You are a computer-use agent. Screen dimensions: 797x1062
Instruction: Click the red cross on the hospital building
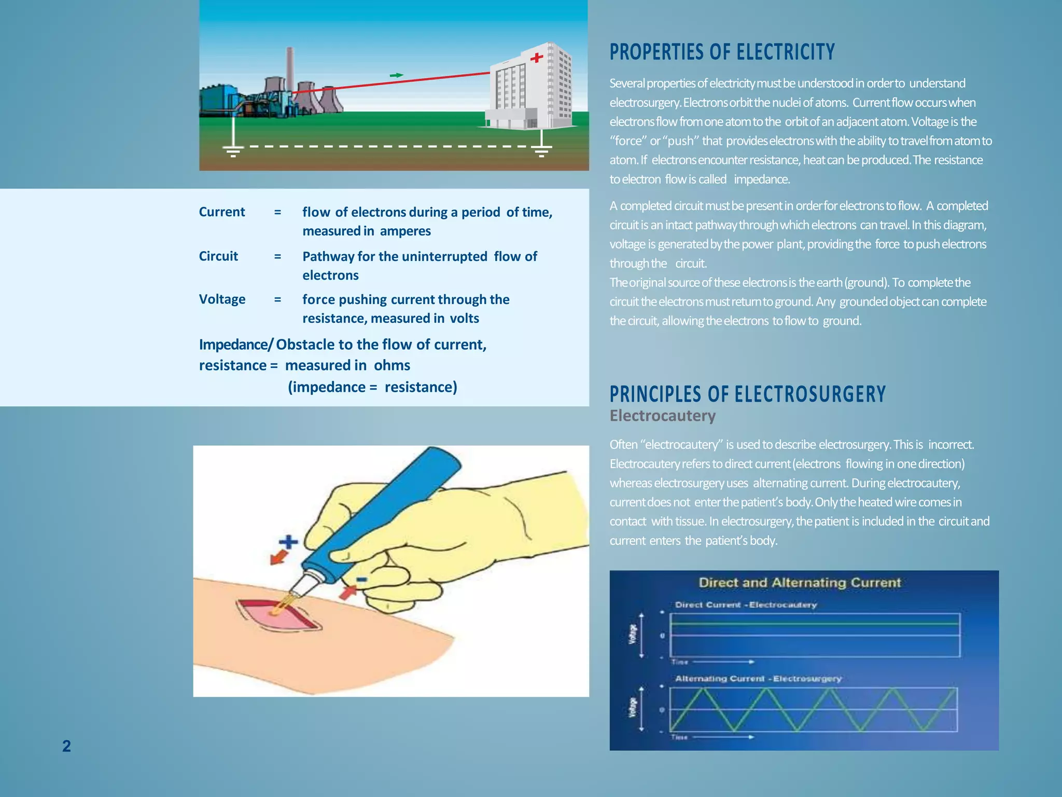tap(537, 58)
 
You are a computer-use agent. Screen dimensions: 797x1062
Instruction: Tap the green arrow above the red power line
tap(397, 76)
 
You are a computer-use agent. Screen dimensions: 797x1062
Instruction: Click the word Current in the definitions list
tap(222, 212)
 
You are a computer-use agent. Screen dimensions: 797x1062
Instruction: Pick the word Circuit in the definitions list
tap(218, 256)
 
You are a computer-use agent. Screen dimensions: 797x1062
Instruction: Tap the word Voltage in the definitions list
tap(222, 299)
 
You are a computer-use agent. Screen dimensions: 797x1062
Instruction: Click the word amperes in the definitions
tap(405, 231)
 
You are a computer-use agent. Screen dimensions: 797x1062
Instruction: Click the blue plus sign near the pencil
tap(288, 542)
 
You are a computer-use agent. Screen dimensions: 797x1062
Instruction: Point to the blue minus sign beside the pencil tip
tap(361, 580)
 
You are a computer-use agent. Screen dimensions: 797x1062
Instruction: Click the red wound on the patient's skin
tap(278, 615)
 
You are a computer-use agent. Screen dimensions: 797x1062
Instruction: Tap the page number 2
tap(66, 746)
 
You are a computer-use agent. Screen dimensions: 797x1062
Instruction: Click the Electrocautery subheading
tap(662, 416)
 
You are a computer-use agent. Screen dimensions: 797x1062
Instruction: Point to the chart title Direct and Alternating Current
tap(800, 583)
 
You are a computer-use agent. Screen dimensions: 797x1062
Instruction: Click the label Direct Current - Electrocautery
tap(746, 605)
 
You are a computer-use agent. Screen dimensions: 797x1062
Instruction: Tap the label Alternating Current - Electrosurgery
tap(758, 679)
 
